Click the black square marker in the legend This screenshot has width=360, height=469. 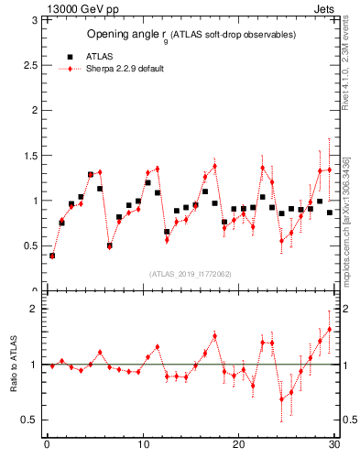click(x=70, y=56)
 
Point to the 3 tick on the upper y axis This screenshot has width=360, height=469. click(x=35, y=20)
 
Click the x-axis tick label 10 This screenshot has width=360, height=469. click(x=142, y=446)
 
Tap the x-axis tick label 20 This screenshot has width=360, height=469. click(x=238, y=446)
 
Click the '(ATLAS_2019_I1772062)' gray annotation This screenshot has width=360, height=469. click(x=190, y=274)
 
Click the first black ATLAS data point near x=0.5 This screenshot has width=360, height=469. click(x=52, y=256)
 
